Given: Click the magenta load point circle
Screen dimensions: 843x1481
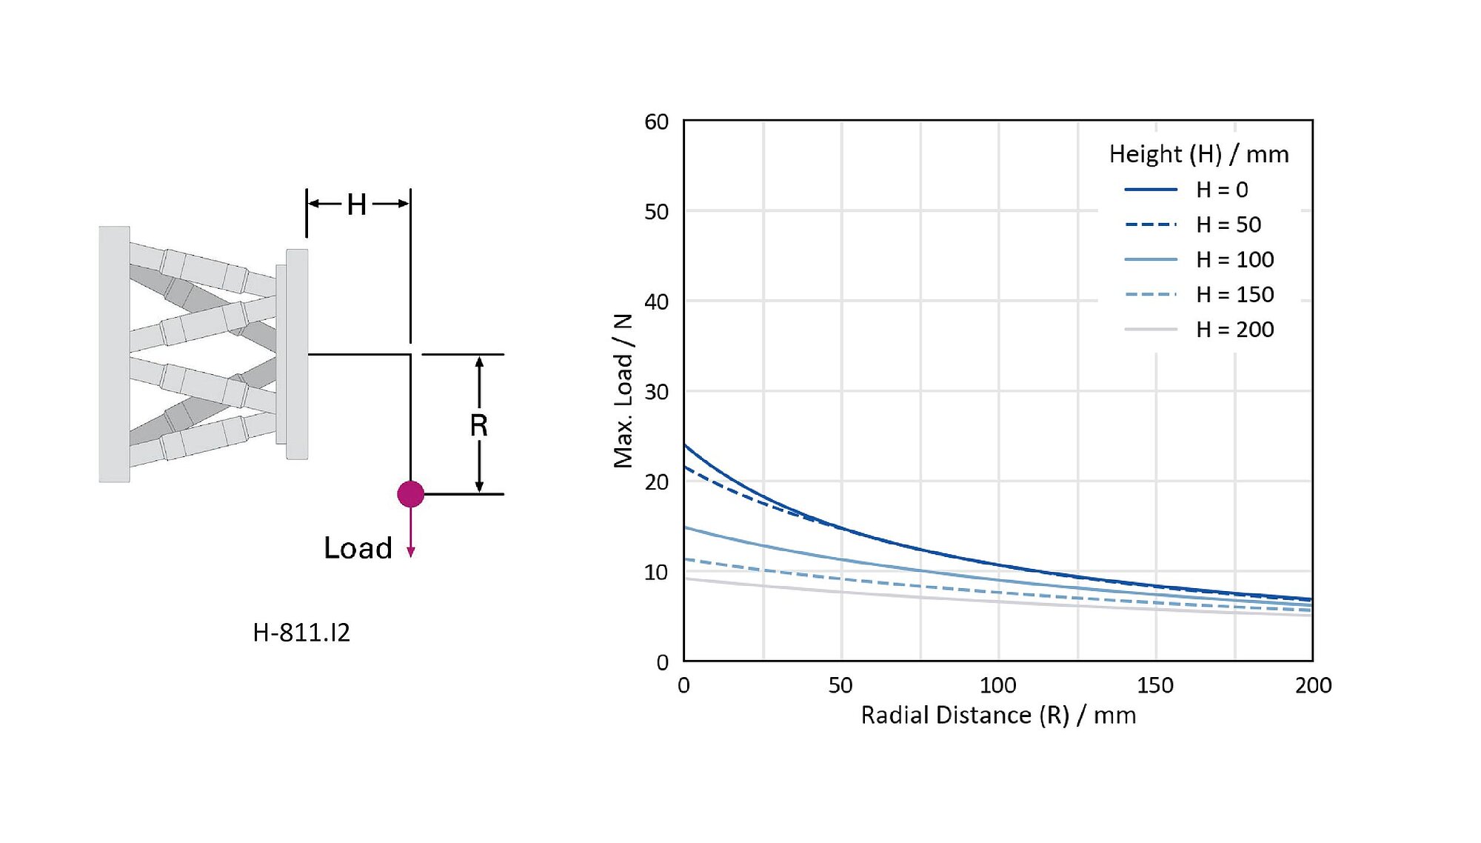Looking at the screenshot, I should (410, 494).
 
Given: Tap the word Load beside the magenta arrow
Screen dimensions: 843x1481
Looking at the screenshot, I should (358, 548).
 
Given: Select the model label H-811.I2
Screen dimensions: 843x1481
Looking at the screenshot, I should (301, 633).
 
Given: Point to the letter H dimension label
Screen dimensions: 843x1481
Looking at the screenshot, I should (357, 204).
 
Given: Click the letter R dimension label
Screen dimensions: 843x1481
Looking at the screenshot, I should (478, 426).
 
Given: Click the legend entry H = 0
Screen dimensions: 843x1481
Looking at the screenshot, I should (1222, 190).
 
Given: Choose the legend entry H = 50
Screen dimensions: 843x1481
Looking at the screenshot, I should (1228, 225).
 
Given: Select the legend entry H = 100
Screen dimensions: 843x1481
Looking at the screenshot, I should (1235, 260).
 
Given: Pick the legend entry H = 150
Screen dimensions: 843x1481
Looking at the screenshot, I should (1235, 295).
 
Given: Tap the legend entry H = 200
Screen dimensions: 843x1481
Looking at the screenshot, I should (1235, 330).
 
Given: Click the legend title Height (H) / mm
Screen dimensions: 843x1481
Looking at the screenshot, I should (1199, 155).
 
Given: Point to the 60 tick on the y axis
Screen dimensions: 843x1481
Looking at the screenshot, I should (656, 122).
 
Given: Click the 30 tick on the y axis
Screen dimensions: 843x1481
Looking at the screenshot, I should (656, 392).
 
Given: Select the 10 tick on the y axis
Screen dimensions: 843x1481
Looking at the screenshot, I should (656, 573).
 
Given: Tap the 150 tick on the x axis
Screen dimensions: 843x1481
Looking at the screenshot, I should (1155, 685).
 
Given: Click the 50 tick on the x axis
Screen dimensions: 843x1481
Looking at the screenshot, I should (840, 685).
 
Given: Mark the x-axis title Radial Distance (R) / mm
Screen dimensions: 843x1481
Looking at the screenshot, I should (998, 716).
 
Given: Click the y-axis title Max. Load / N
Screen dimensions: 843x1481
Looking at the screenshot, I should (624, 390).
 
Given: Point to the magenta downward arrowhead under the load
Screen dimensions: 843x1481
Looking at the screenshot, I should (411, 552).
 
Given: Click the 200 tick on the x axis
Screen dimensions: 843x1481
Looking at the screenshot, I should (1313, 685).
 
